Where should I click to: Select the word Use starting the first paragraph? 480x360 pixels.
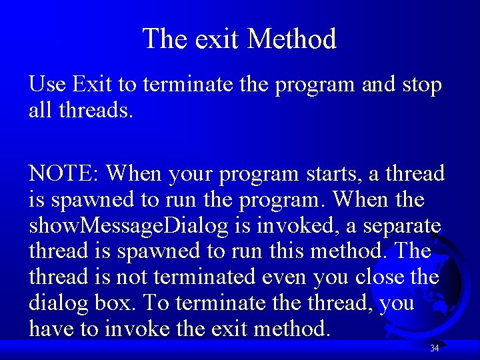(x=47, y=85)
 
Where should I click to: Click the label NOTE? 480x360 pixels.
(x=64, y=173)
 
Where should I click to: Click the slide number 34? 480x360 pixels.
(x=434, y=348)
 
